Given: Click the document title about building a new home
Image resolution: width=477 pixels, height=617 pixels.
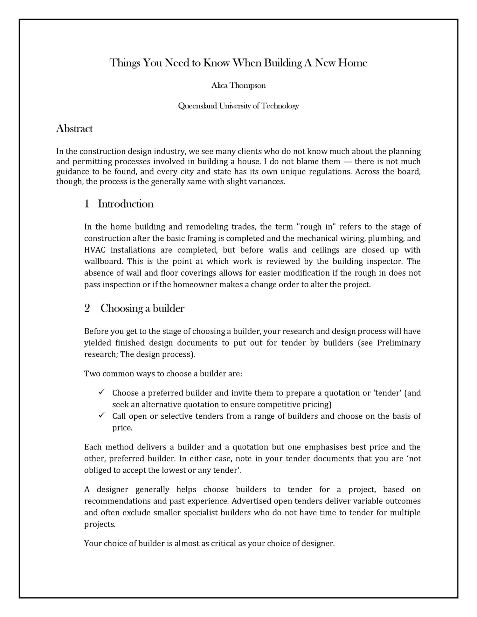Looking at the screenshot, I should pos(238,63).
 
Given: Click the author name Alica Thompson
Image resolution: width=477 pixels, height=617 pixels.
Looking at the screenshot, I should pos(238,86).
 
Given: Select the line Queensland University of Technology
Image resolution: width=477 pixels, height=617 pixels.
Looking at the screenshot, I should pos(238,106).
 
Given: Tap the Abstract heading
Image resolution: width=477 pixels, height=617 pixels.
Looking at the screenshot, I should pos(74,129).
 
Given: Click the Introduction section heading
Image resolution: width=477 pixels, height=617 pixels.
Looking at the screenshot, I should pos(126,204).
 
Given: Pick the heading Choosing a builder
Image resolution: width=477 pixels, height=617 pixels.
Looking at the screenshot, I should pos(142,308).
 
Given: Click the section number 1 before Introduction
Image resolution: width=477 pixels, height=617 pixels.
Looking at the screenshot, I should pos(86,204).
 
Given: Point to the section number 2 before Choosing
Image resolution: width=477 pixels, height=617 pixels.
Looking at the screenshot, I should pos(87,308).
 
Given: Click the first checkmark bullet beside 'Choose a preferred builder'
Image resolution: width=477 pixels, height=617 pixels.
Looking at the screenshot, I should pos(102,392).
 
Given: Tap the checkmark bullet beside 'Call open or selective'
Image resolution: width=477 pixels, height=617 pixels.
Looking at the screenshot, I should pos(102,415).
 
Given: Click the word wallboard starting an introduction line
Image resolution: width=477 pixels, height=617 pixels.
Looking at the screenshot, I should pos(103,262).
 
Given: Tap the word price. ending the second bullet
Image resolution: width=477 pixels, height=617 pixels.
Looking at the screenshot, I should pos(122,428).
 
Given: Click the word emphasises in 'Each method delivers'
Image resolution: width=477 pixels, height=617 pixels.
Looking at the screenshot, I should pos(326,447).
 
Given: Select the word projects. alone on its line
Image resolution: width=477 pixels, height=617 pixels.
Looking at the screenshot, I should pos(100,524).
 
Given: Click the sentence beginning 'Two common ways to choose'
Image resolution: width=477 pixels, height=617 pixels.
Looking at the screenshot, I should pos(163,374).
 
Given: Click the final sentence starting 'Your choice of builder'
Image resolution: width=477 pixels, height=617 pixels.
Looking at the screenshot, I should pos(209,544).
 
